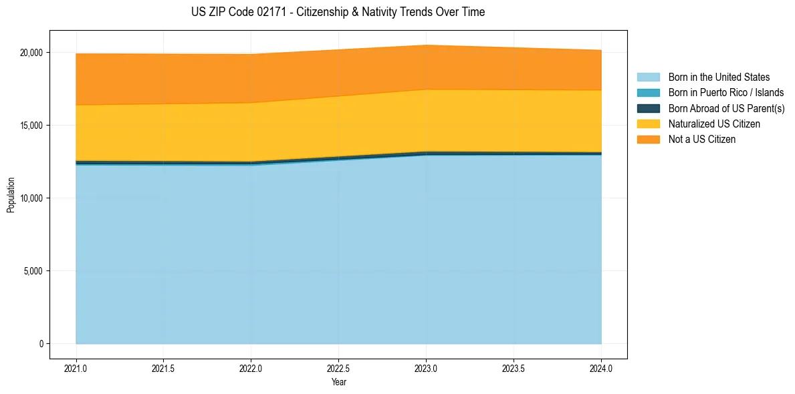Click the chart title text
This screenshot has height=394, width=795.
(338, 12)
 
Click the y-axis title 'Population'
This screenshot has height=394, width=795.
(11, 195)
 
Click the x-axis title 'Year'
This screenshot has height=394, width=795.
(338, 382)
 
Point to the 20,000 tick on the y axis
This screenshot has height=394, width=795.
(31, 53)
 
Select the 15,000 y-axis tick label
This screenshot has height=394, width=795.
(31, 126)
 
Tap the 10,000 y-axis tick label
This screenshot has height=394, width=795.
(31, 198)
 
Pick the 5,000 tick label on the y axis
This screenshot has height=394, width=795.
(33, 271)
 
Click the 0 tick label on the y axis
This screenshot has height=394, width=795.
(41, 344)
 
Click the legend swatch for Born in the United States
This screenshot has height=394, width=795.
(648, 77)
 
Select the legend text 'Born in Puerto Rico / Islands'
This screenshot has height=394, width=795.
(725, 93)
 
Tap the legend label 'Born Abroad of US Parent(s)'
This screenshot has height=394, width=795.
(726, 108)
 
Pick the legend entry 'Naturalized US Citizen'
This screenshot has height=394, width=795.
(714, 124)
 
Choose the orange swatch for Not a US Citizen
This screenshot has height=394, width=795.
(648, 140)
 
